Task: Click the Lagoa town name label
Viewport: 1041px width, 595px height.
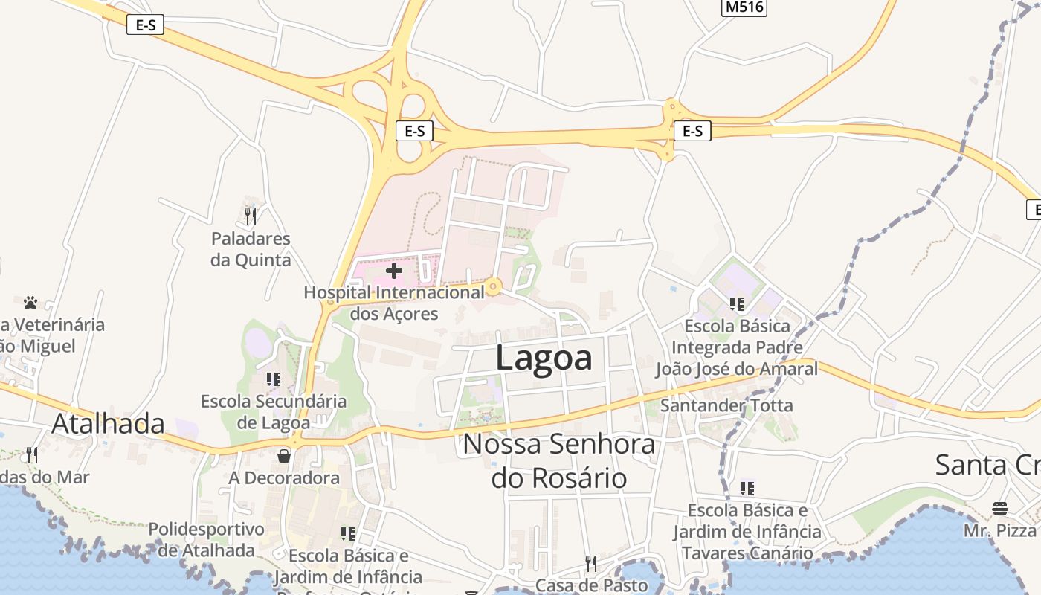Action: tap(544, 358)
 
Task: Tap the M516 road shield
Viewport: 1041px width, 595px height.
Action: tap(744, 7)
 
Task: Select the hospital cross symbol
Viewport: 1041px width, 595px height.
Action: tap(394, 271)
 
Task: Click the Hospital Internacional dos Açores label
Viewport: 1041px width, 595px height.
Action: tap(394, 303)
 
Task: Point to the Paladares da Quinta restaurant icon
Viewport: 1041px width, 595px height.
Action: tap(251, 216)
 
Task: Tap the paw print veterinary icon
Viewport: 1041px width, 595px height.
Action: tap(30, 303)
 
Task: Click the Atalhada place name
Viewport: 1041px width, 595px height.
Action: tap(108, 423)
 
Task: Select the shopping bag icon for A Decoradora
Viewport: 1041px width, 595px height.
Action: tap(284, 455)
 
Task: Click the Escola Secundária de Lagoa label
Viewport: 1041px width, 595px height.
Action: tap(274, 412)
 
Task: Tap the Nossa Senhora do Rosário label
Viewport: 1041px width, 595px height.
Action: tap(559, 461)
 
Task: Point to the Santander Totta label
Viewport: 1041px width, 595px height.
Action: tap(726, 405)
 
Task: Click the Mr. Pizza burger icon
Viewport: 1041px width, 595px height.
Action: tap(1000, 509)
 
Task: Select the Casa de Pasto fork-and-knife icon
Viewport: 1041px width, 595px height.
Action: tap(590, 563)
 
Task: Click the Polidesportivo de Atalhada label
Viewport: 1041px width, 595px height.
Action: tap(206, 540)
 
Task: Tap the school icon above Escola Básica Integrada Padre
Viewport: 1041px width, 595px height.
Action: tap(737, 303)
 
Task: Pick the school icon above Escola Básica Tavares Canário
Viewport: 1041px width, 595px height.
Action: tap(747, 489)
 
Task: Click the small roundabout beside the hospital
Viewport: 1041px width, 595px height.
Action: tap(493, 286)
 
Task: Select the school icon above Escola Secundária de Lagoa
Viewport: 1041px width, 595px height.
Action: tap(273, 379)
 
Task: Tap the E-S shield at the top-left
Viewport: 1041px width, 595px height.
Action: tap(145, 25)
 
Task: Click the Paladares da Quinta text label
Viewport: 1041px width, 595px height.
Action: tap(251, 249)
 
